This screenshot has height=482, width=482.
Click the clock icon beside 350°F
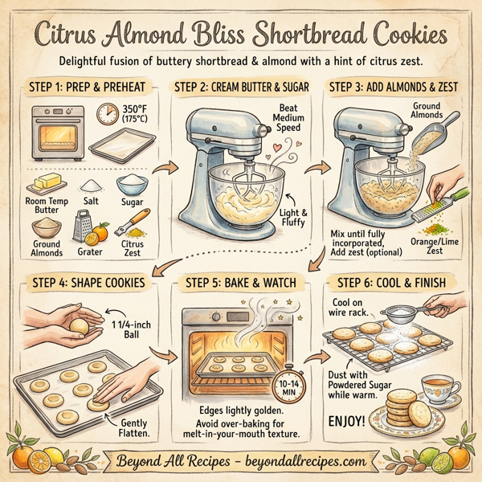107,115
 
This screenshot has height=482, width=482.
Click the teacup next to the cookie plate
441,390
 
